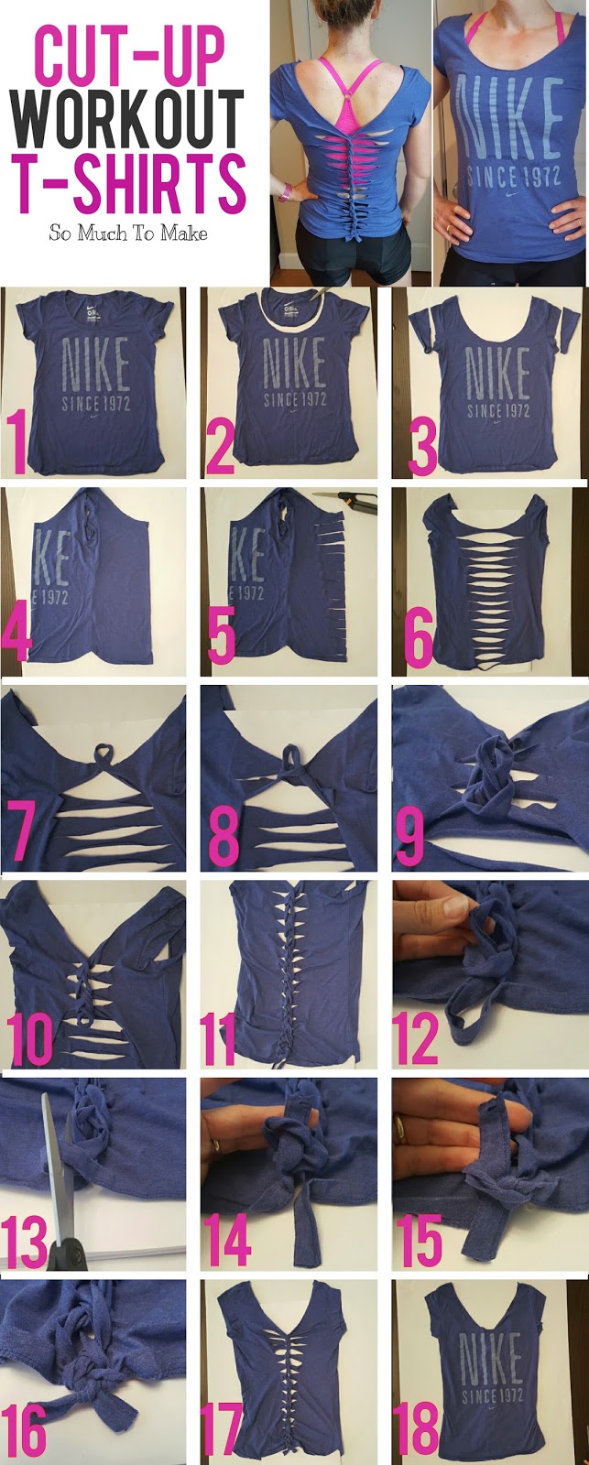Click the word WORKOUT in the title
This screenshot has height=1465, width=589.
tap(129, 119)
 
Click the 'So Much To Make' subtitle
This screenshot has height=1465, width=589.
tap(128, 233)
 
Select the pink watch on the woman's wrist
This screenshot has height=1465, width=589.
tap(286, 193)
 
